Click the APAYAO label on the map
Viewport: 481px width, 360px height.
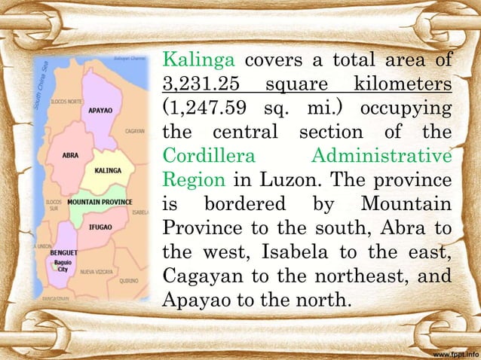100,110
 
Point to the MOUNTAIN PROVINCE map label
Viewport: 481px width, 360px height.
100,203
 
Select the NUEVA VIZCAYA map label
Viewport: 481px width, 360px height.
97,271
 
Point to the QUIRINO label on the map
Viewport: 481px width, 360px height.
128,280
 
